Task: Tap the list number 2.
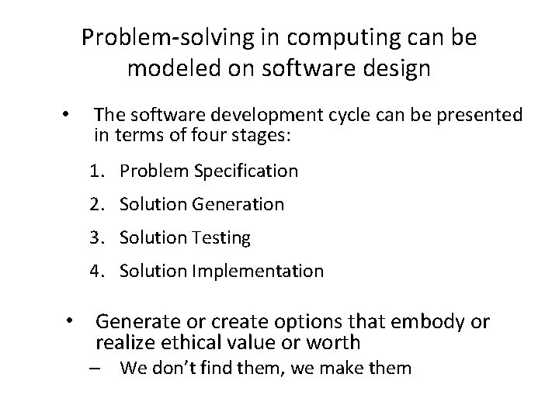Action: (x=96, y=205)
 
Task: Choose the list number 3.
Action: (x=96, y=238)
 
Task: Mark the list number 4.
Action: (x=96, y=272)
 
